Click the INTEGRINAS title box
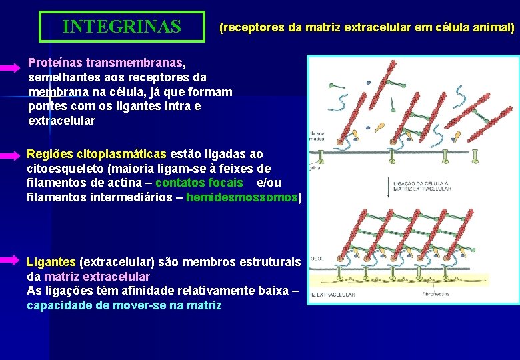121,27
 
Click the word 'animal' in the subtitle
492,27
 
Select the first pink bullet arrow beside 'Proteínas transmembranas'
11,68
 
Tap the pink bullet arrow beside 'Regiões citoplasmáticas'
11,155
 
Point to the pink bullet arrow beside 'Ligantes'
11,259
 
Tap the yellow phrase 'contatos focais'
199,183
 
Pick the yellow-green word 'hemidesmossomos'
242,197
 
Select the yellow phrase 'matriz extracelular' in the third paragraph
97,276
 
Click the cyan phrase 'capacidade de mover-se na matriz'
124,305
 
